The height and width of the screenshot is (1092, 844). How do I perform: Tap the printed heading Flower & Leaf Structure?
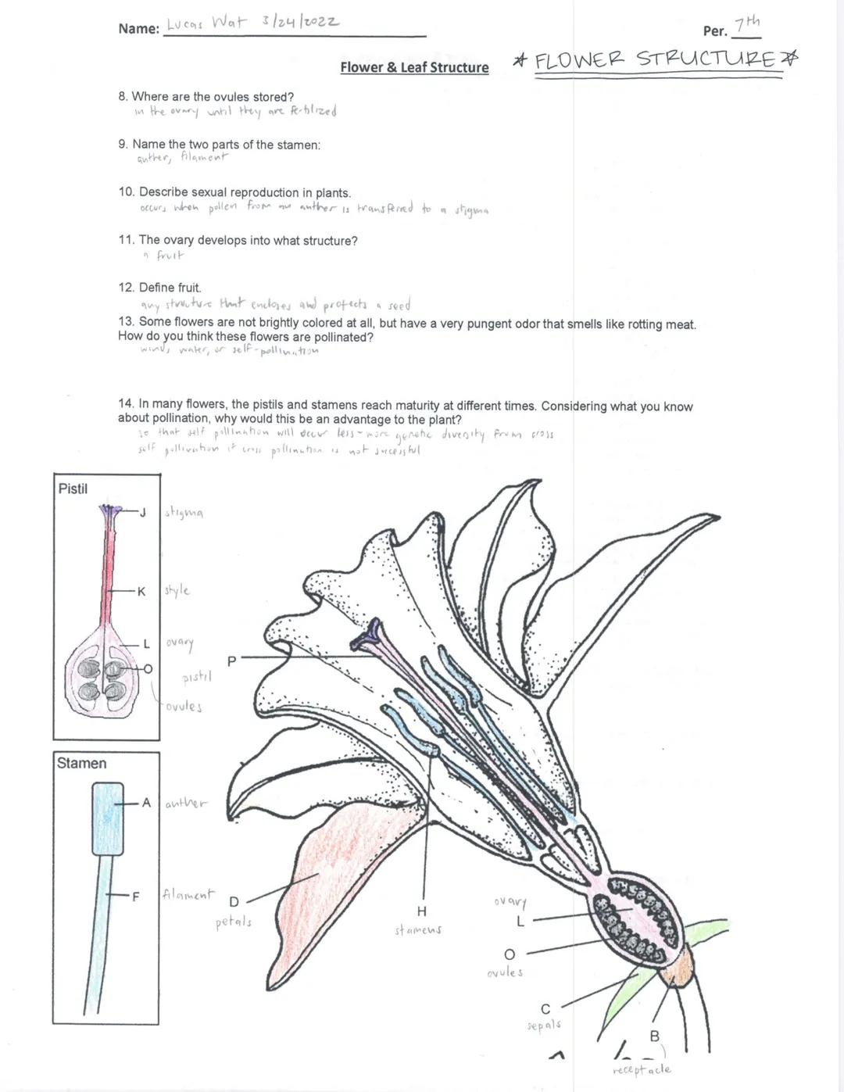[x=414, y=67]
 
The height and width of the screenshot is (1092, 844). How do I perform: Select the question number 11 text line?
[x=238, y=241]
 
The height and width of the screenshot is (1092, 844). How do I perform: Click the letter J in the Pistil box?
[x=142, y=513]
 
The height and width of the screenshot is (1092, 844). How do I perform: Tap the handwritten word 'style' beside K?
[x=177, y=590]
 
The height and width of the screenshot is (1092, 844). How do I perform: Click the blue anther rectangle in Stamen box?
[x=108, y=818]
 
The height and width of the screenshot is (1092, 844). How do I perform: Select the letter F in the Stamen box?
[x=135, y=897]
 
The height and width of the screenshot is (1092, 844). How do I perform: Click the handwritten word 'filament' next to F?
[x=188, y=894]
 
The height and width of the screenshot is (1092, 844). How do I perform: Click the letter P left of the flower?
[x=231, y=661]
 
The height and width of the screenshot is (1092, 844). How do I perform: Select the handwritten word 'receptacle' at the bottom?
[x=642, y=1069]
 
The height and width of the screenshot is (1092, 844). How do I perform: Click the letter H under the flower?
[x=422, y=911]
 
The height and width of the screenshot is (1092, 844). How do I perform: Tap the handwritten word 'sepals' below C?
[x=544, y=1025]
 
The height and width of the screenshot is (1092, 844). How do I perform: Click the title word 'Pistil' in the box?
[x=73, y=489]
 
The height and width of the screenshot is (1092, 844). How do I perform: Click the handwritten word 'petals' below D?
[x=234, y=922]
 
